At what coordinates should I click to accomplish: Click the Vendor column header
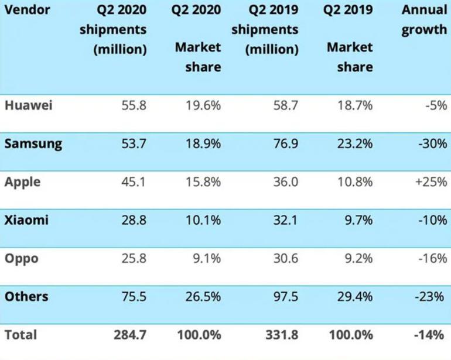click(x=28, y=10)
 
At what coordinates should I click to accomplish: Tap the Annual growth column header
click(x=424, y=20)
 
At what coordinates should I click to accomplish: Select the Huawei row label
click(x=29, y=105)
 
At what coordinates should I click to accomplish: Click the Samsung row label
click(x=33, y=144)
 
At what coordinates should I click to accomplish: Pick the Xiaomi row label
click(x=26, y=220)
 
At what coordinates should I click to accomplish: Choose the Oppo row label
click(x=22, y=259)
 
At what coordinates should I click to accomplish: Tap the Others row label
click(x=26, y=296)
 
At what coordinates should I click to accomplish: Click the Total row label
click(x=20, y=335)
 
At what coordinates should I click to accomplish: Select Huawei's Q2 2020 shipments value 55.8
click(x=134, y=105)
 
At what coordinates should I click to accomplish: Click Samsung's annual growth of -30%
click(x=433, y=143)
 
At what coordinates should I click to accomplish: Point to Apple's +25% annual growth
click(x=431, y=181)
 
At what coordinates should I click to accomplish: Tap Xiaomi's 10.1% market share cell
click(x=203, y=220)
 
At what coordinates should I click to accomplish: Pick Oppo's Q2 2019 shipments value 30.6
click(x=286, y=258)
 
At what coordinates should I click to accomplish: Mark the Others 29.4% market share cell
click(x=355, y=296)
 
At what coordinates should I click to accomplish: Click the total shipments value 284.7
click(x=130, y=335)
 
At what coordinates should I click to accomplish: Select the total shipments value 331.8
click(x=282, y=335)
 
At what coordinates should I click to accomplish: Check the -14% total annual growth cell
click(x=429, y=335)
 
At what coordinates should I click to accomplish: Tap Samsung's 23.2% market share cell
click(x=355, y=143)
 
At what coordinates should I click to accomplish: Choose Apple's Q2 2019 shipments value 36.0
click(x=286, y=181)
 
